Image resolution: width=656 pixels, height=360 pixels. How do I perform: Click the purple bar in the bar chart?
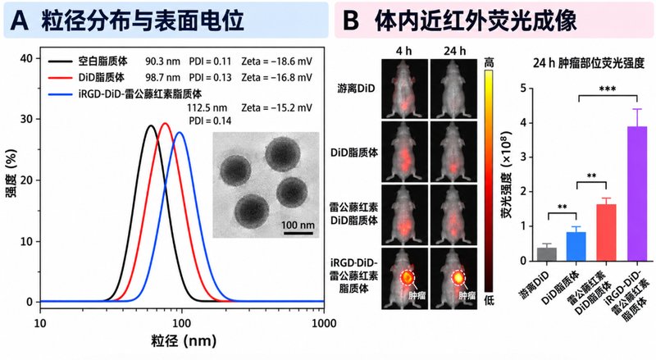point(637,194)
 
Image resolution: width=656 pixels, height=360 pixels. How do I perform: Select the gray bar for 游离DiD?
point(547,254)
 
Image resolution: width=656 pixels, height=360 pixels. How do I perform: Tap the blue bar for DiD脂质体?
point(576,247)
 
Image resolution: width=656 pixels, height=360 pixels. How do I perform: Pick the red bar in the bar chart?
point(607,232)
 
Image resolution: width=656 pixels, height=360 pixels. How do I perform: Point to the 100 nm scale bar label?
point(298,225)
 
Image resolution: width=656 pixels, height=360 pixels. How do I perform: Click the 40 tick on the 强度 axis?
point(26,58)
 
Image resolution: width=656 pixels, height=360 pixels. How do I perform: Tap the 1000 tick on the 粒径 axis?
point(324,323)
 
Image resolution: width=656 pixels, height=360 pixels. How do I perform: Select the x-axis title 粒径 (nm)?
point(184,341)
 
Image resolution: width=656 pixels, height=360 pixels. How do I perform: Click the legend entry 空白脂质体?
point(103,62)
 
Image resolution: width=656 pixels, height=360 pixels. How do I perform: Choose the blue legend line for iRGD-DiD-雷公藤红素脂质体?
point(61,94)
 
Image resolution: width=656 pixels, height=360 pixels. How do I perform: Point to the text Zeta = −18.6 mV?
point(276,62)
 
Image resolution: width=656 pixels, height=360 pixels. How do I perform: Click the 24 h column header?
point(454,51)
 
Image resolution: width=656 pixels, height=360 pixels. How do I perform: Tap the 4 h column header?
point(403,51)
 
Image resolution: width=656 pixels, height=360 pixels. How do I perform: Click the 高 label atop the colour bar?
point(489,63)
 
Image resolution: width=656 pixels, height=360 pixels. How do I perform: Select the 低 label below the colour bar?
point(489,300)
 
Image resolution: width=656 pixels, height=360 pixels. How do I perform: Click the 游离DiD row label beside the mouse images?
point(356,89)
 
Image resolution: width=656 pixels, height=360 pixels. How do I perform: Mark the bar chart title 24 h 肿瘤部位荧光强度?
point(589,63)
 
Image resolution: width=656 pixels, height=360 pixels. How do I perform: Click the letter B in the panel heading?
point(351,21)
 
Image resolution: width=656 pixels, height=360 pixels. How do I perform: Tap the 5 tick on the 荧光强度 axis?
point(523,89)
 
